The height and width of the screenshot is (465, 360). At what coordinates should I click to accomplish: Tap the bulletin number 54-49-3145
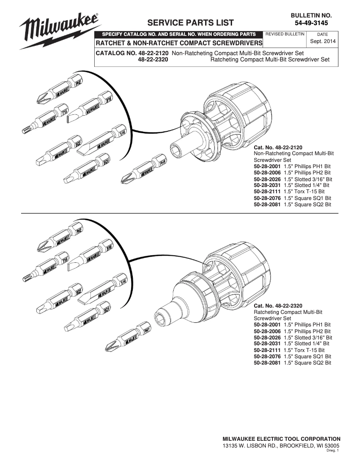(314, 23)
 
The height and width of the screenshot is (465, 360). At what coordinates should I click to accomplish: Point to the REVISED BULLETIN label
(285, 34)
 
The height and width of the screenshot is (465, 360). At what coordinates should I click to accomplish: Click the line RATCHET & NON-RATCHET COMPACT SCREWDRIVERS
(179, 43)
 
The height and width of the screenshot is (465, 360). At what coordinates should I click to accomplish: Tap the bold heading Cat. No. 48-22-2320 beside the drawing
(278, 306)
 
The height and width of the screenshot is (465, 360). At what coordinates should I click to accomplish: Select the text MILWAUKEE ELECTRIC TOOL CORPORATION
(281, 439)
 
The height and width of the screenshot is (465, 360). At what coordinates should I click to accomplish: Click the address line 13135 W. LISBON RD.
(281, 446)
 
